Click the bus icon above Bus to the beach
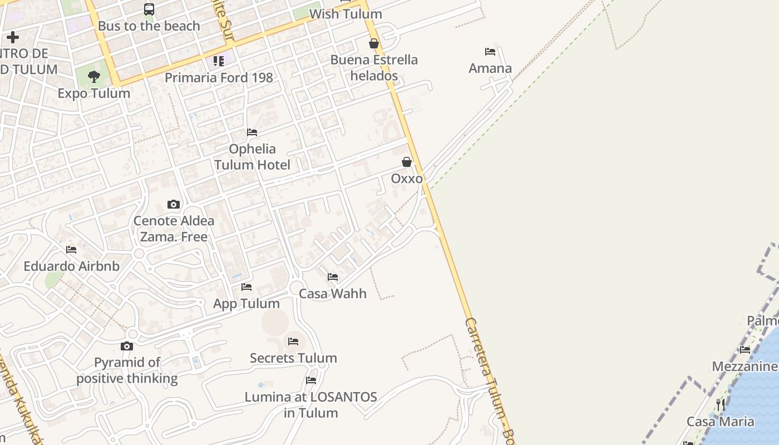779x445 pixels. point(149,9)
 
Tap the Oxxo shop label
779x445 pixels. point(407,179)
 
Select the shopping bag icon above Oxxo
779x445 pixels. point(407,162)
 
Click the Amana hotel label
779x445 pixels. point(490,68)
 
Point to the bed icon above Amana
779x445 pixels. point(490,52)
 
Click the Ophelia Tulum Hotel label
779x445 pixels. point(252,157)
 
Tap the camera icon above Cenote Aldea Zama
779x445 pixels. point(174,204)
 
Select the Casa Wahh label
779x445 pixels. point(333,294)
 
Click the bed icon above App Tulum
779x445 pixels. point(246,287)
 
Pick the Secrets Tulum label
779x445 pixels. point(293,358)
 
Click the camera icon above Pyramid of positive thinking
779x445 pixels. point(127,346)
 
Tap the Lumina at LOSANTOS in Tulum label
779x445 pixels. point(311,405)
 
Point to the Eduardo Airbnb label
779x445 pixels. point(71,266)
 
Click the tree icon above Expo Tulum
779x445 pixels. point(94,77)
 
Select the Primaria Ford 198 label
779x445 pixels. point(219,77)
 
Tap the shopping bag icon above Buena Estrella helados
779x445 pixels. point(374,43)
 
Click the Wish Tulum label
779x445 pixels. point(346,14)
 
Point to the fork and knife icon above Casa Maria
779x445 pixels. point(721,404)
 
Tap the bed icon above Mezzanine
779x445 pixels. point(745,350)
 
